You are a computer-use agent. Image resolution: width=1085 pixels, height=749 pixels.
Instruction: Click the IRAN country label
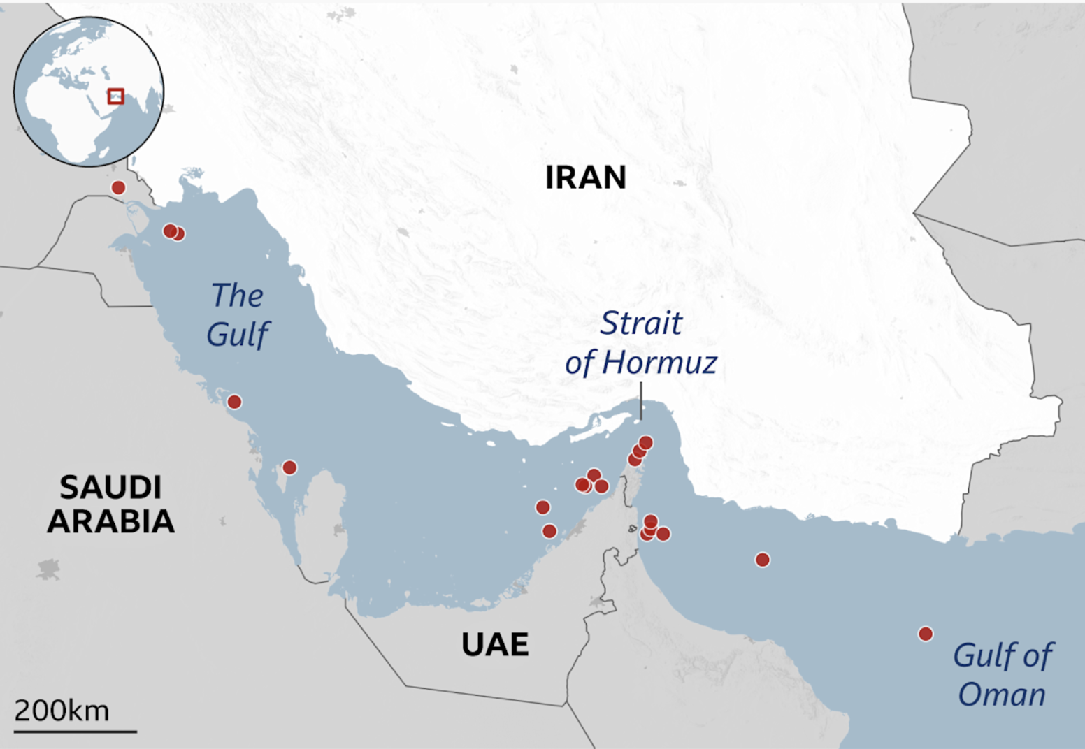click(x=585, y=177)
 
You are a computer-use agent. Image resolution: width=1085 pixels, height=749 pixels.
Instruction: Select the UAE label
click(x=495, y=644)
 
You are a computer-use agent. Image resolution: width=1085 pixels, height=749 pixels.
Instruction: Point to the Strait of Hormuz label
click(x=641, y=342)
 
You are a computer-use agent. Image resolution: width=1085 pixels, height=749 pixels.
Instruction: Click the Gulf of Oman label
click(x=1003, y=675)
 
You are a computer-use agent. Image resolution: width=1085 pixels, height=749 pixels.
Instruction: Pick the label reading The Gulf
click(x=238, y=314)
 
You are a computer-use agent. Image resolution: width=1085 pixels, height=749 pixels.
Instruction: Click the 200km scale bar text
click(x=62, y=711)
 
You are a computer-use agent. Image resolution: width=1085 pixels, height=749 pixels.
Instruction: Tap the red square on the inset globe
click(x=116, y=96)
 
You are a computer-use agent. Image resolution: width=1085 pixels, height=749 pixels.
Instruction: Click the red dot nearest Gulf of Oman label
click(x=926, y=634)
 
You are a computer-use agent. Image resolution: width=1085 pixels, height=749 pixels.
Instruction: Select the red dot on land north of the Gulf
click(x=119, y=187)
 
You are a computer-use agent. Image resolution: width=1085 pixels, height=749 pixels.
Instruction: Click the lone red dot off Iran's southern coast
click(x=763, y=560)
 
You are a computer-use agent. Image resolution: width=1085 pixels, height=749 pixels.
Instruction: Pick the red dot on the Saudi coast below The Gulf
click(x=235, y=402)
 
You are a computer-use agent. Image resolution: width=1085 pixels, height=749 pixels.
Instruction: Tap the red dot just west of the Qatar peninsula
click(x=289, y=467)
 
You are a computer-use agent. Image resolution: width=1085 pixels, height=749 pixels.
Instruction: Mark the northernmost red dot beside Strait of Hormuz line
click(x=646, y=442)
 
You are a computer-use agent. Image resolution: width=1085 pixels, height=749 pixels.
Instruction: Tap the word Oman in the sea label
click(x=1002, y=695)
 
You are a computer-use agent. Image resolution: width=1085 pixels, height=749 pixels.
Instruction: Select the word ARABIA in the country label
click(x=110, y=522)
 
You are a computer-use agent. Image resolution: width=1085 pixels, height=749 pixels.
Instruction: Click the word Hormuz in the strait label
click(x=659, y=362)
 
